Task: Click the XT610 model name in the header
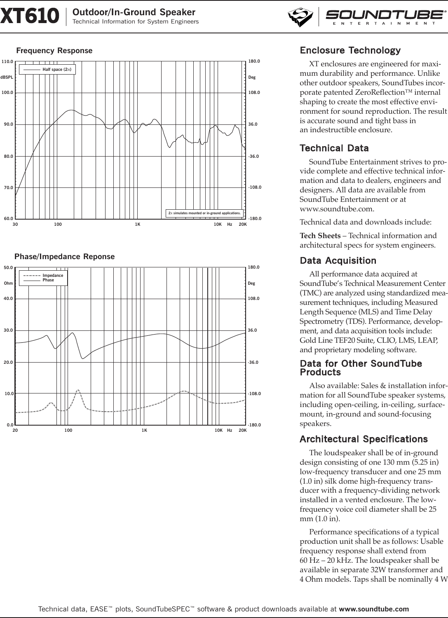[x=29, y=17]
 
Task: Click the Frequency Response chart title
[x=54, y=51]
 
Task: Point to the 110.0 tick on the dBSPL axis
[x=7, y=61]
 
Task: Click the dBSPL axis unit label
[x=7, y=77]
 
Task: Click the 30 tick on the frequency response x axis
[x=15, y=225]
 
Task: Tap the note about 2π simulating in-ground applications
[x=204, y=213]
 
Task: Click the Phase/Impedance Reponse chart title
[x=64, y=257]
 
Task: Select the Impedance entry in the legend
[x=53, y=275]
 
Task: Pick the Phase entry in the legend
[x=48, y=280]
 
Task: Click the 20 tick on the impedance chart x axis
[x=15, y=431]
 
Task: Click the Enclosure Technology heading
[x=350, y=51]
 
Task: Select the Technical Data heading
[x=334, y=148]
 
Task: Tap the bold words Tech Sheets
[x=320, y=236]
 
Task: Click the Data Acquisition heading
[x=338, y=260]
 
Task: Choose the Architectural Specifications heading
[x=364, y=439]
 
